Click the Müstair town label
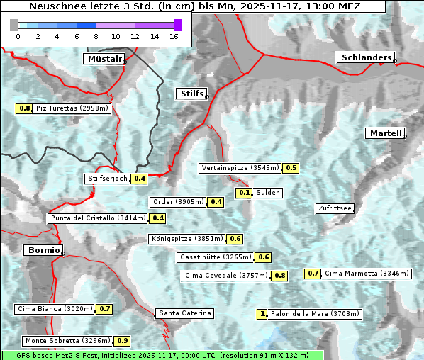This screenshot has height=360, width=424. tap(104, 59)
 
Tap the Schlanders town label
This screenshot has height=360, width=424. tap(365, 57)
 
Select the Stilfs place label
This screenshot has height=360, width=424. tap(191, 94)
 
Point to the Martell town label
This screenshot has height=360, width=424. tap(385, 133)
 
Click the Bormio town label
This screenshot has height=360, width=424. tap(43, 250)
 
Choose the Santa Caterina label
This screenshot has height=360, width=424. tap(184, 313)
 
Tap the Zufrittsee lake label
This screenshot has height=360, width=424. tap(335, 208)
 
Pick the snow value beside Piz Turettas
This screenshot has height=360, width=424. tap(25, 108)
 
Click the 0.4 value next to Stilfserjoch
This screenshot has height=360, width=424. tap(139, 179)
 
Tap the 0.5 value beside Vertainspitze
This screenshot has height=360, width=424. tap(291, 168)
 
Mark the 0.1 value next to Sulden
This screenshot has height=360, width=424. tap(245, 193)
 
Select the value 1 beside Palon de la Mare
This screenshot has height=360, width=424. tap(263, 314)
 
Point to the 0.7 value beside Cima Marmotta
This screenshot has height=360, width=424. tap(313, 274)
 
